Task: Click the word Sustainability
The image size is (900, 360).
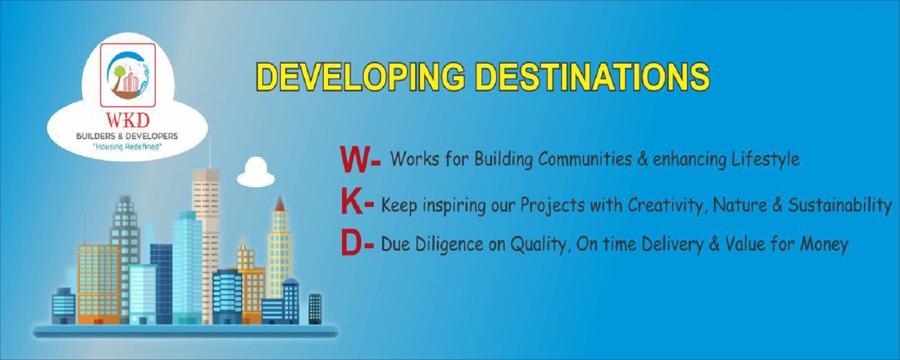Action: click(839, 205)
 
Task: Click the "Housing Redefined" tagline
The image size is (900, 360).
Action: click(127, 147)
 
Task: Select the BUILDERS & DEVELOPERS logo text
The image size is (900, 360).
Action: click(127, 137)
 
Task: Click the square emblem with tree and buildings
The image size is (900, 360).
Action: click(127, 71)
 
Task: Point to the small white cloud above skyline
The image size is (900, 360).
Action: click(256, 173)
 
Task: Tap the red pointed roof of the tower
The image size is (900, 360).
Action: click(279, 203)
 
